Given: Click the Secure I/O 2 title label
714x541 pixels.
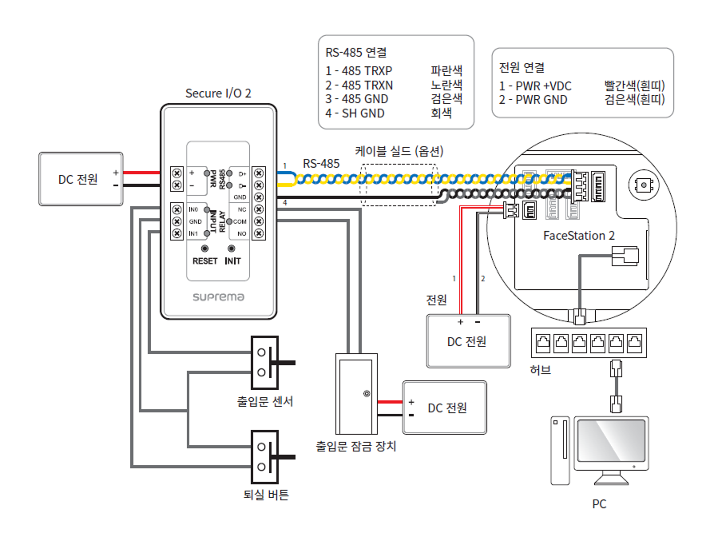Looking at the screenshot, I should coord(218,93).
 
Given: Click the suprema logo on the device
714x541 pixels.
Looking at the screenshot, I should coord(218,296).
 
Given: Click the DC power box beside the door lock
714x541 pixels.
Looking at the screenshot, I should coord(445,408).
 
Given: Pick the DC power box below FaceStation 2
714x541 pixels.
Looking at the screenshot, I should coord(468,340).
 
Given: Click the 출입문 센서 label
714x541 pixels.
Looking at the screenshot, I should coord(265,401).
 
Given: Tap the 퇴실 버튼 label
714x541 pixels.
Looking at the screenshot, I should coord(265,495).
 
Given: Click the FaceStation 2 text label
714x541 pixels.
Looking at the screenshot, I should coord(579,236).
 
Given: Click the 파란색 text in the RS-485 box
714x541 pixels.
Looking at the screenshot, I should coord(446,70).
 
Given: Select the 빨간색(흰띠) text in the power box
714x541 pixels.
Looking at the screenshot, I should coord(634,86).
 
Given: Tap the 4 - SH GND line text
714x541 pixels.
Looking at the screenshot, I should coord(355,113).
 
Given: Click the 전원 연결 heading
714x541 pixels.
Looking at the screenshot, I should coord(522,67).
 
